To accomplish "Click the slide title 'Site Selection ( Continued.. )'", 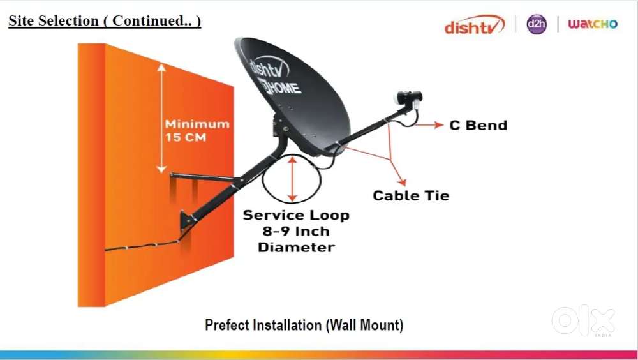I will pyautogui.click(x=105, y=20).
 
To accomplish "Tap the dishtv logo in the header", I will pyautogui.click(x=475, y=26).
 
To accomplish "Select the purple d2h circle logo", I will pyautogui.click(x=537, y=24).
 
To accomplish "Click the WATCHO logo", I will pyautogui.click(x=593, y=24).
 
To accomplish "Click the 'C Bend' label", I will pyautogui.click(x=478, y=125).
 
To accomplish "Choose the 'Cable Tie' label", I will pyautogui.click(x=411, y=195).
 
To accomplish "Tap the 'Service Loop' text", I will pyautogui.click(x=296, y=215).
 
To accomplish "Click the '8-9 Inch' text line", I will pyautogui.click(x=296, y=231).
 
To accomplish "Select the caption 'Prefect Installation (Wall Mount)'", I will pyautogui.click(x=304, y=325).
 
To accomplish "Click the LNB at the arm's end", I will pyautogui.click(x=406, y=98).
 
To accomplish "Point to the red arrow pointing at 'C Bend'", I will pyautogui.click(x=429, y=125).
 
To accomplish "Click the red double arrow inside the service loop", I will pyautogui.click(x=293, y=180).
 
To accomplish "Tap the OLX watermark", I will pyautogui.click(x=584, y=321).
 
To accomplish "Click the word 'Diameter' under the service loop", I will pyautogui.click(x=296, y=247).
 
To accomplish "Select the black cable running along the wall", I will pyautogui.click(x=140, y=246).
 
